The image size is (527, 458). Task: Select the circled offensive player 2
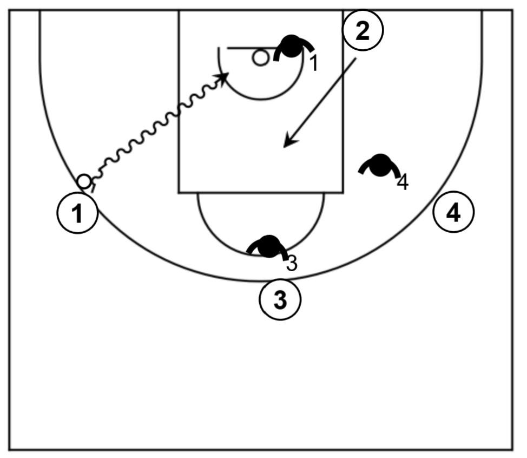363,31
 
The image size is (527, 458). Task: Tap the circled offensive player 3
280,299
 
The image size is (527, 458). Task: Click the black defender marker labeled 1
292,47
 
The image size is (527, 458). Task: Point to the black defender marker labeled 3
268,246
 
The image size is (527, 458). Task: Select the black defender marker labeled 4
380,165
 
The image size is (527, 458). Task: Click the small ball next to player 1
84,181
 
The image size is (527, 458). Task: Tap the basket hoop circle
261,57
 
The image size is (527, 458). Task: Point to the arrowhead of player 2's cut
288,143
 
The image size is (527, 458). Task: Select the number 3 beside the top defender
292,263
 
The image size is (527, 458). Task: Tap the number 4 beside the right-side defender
403,182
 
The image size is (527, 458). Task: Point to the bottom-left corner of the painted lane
179,192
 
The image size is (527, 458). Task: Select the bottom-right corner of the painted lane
342,192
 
